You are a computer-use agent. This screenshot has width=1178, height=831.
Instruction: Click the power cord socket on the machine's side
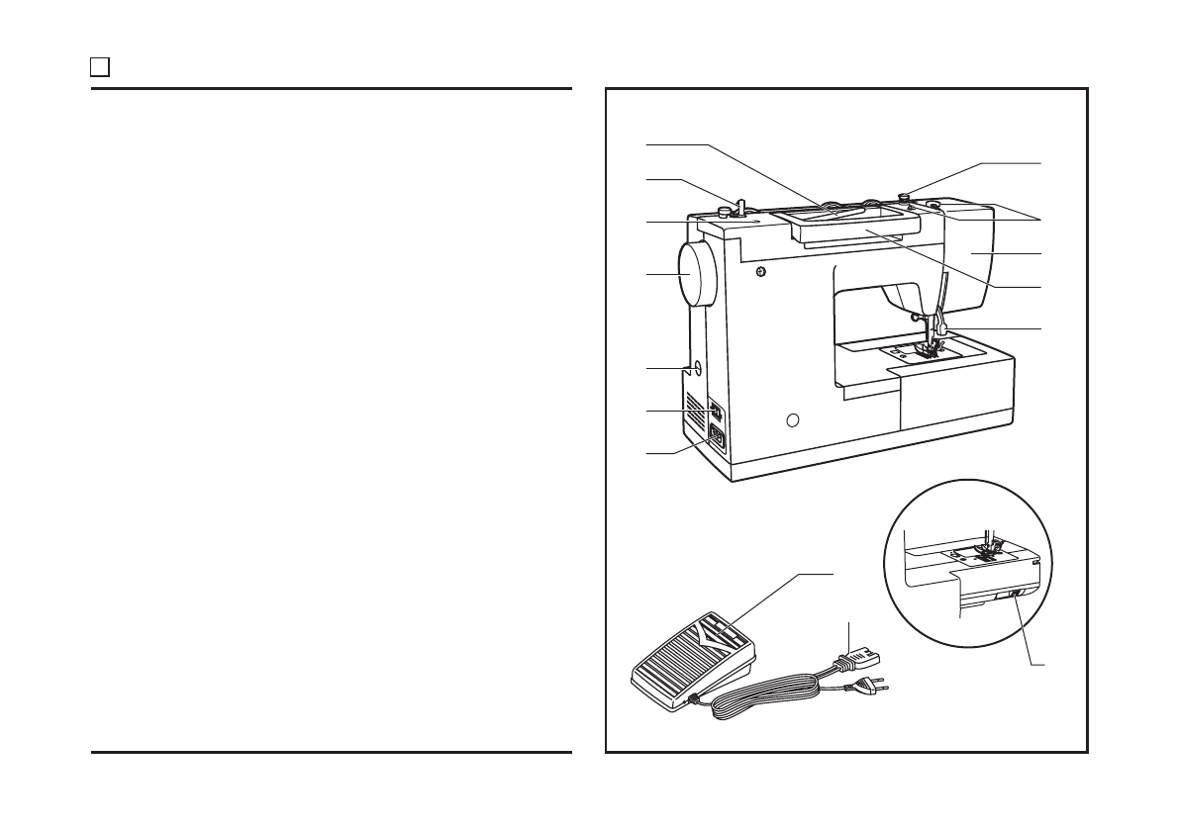(x=715, y=439)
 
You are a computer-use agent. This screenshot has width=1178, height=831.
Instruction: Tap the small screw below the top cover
(x=759, y=272)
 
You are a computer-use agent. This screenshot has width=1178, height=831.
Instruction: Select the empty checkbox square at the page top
(x=99, y=67)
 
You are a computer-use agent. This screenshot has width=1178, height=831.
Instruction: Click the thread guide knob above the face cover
(x=905, y=196)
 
